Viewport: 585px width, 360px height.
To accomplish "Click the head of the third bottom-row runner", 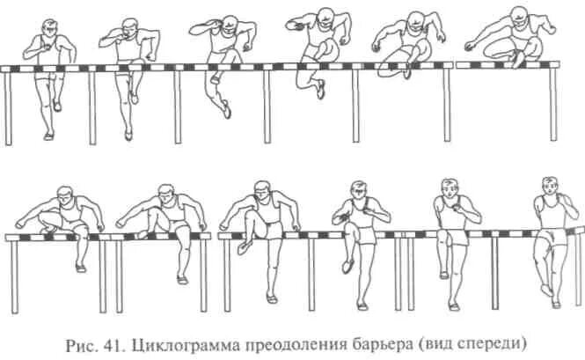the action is [261, 190].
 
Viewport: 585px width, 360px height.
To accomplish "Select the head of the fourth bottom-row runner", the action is [358, 191].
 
